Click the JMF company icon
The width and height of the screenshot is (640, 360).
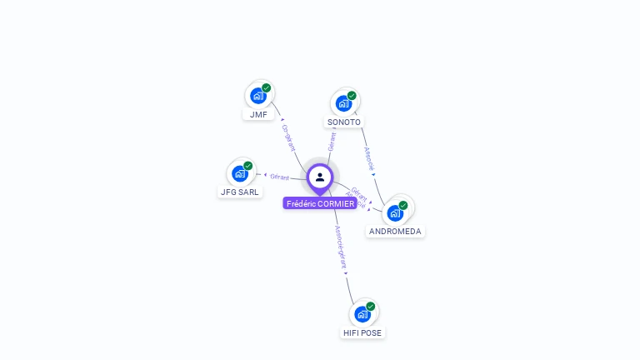(258, 96)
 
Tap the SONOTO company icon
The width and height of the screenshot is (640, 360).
(342, 104)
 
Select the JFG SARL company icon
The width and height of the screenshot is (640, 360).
(240, 173)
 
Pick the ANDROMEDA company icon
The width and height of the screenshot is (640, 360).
(395, 212)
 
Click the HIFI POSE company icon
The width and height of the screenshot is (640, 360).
(362, 314)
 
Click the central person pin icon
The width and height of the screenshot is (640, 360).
(320, 177)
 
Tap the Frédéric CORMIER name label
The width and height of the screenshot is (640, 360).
(320, 203)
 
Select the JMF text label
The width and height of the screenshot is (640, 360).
(258, 115)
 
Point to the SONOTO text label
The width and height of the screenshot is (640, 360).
(343, 122)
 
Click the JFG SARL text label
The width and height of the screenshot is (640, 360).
(239, 192)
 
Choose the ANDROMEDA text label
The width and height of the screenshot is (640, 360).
(395, 232)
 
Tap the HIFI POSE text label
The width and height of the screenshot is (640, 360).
(362, 332)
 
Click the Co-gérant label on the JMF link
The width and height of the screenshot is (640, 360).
(288, 137)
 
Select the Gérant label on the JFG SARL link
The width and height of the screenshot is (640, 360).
(279, 177)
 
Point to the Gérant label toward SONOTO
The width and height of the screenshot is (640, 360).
(332, 141)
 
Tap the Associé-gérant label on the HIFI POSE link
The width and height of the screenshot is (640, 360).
(340, 247)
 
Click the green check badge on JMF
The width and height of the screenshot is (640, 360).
(267, 87)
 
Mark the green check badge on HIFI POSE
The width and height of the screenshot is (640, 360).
(371, 306)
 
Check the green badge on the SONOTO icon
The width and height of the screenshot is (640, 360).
(352, 95)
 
